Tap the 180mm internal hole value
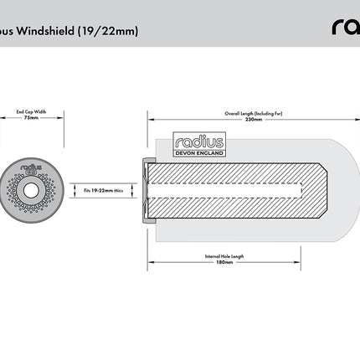[x=223, y=262]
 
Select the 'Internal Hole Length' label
[x=223, y=255]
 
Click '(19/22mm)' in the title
[x=109, y=32]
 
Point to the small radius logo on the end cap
[x=32, y=170]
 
